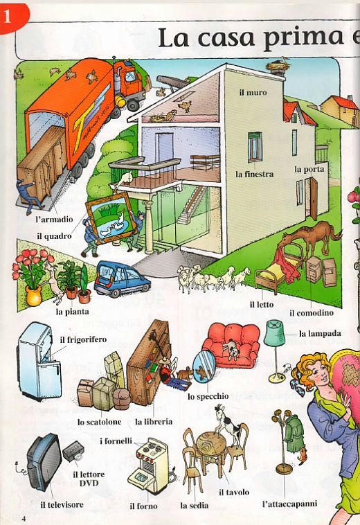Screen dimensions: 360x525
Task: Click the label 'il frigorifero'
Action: [x=83, y=340]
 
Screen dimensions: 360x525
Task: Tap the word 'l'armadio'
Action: [x=54, y=220]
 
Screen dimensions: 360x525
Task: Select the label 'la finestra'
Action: [x=254, y=174]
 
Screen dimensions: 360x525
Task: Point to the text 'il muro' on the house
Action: [x=253, y=92]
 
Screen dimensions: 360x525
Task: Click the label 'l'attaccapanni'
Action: [x=289, y=504]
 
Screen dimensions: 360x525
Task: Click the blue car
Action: [x=121, y=279]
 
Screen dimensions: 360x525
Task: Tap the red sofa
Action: [x=231, y=344]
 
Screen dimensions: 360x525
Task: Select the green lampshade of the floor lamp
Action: [x=274, y=333]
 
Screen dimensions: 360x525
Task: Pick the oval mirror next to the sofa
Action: [x=204, y=367]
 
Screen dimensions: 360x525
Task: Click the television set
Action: [x=44, y=463]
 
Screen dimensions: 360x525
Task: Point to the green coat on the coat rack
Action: [x=294, y=433]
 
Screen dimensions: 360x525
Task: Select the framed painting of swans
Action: [x=110, y=217]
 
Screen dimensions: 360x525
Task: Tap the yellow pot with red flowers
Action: [x=33, y=294]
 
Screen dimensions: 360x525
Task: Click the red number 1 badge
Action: [x=13, y=17]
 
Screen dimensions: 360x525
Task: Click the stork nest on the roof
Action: [x=277, y=66]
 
